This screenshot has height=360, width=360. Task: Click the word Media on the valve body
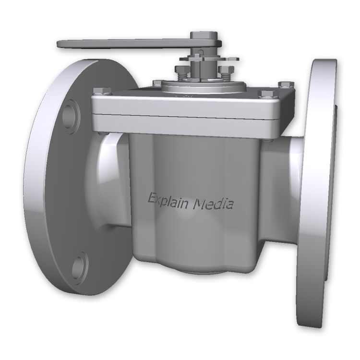(213, 204)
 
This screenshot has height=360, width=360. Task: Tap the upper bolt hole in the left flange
(71, 110)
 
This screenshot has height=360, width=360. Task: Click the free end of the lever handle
(65, 44)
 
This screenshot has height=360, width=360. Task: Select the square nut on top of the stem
(202, 36)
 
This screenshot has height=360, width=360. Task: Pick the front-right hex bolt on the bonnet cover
(264, 94)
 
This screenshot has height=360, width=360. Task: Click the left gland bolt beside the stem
(180, 72)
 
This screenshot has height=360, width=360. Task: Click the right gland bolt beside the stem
(225, 71)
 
